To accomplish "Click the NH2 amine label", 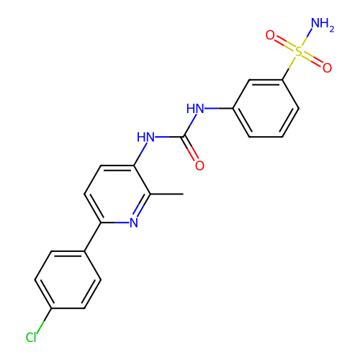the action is click(x=323, y=24).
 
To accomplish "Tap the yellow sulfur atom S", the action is click(x=299, y=51).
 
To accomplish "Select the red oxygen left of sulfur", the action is click(x=270, y=35).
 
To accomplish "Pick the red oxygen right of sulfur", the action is click(x=327, y=68).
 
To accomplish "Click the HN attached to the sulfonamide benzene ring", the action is click(x=195, y=109).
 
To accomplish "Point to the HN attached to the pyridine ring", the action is click(x=145, y=137).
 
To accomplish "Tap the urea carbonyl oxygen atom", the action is click(x=199, y=166).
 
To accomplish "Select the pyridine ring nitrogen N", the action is click(x=134, y=222).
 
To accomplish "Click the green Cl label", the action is click(x=31, y=337).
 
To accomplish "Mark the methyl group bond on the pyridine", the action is click(x=167, y=194).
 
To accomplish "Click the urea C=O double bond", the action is click(x=190, y=149).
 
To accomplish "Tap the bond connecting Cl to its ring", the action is click(x=44, y=320).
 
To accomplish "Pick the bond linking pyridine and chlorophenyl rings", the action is click(x=93, y=237).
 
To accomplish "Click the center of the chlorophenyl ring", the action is click(x=68, y=279).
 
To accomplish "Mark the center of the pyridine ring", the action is click(x=117, y=194).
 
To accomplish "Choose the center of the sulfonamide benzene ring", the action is click(x=266, y=109).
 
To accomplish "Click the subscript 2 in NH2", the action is click(x=332, y=29).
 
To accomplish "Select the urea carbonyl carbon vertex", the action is click(x=184, y=137).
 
